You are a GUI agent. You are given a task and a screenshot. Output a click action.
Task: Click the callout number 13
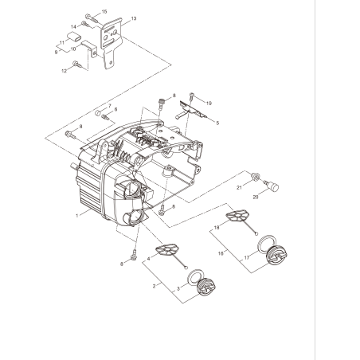(133, 18)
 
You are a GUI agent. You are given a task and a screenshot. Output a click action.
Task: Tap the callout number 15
(104, 12)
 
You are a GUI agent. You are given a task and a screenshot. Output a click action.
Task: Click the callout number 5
(217, 123)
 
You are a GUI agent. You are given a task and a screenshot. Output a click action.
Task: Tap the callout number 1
(76, 214)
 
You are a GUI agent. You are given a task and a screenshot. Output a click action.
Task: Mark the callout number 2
(154, 284)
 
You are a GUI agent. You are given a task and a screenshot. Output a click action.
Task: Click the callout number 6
(115, 109)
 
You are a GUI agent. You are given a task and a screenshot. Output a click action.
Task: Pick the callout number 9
(57, 51)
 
